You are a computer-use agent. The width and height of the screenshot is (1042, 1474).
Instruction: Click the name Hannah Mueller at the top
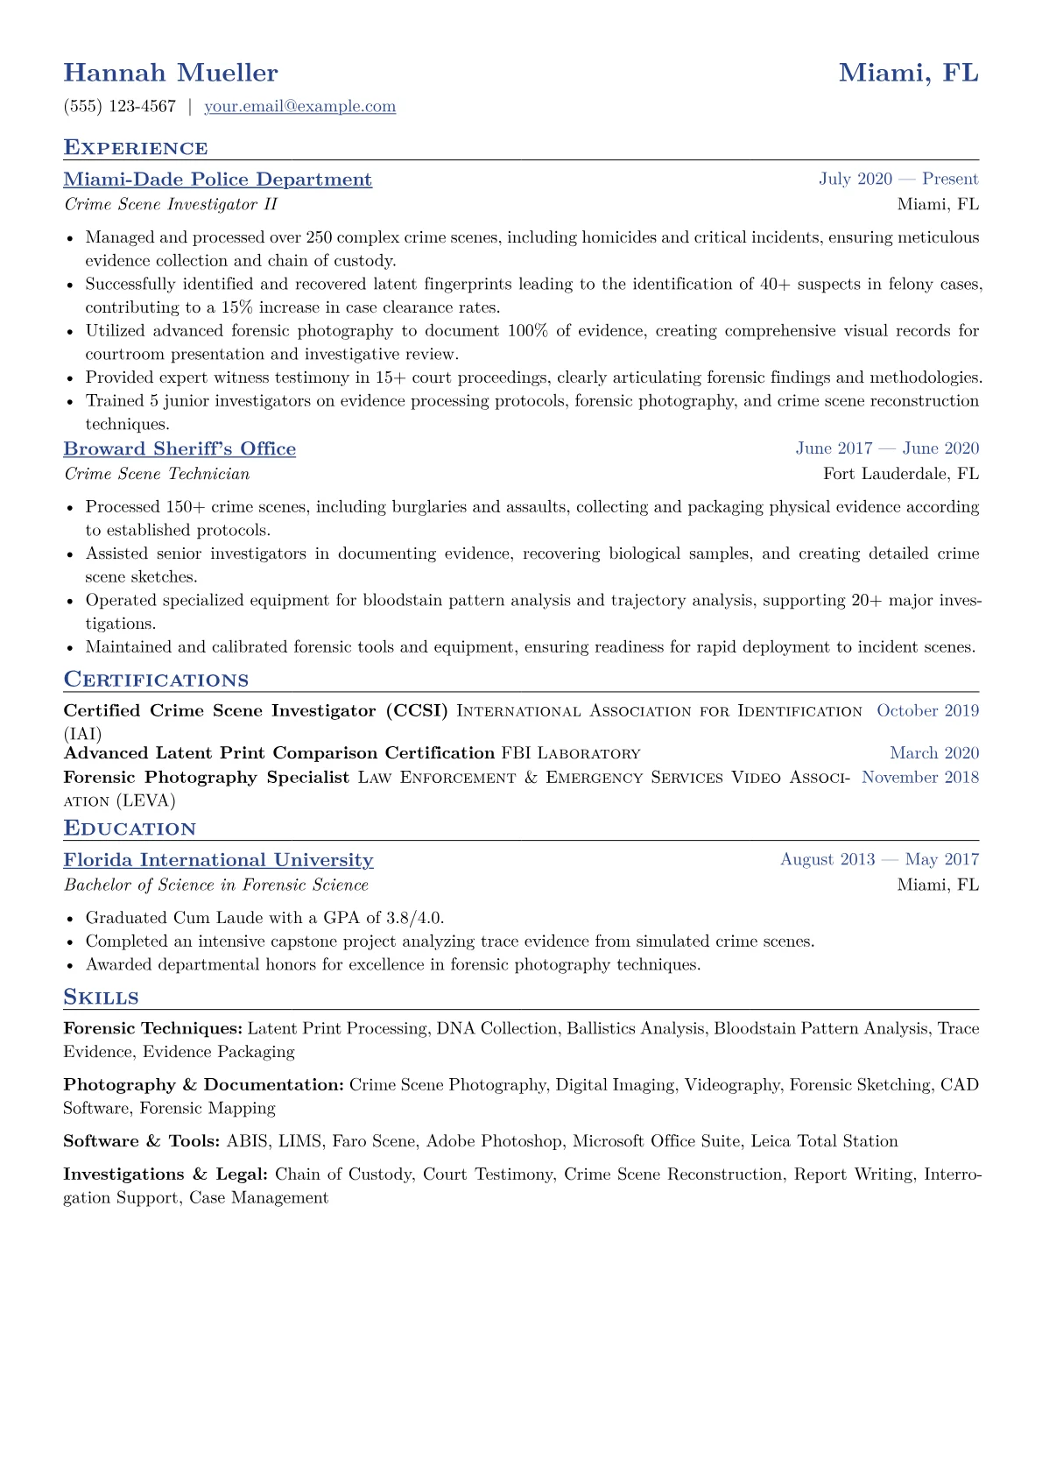[x=171, y=73]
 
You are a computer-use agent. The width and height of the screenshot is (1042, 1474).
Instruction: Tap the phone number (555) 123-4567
[x=120, y=107]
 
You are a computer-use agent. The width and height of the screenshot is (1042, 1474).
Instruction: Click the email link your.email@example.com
[x=299, y=107]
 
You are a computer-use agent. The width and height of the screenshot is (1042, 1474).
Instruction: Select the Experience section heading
[x=136, y=148]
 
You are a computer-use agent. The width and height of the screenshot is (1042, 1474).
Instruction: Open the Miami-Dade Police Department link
[x=217, y=180]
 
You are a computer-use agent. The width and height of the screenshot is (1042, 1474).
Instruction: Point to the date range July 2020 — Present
[x=898, y=180]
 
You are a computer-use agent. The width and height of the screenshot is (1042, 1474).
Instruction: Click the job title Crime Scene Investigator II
[x=171, y=205]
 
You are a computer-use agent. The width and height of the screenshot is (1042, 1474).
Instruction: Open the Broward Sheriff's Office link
[x=180, y=449]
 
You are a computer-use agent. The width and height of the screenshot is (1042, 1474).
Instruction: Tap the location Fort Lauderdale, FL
[x=901, y=474]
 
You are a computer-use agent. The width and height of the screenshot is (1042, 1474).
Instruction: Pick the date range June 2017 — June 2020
[x=887, y=448]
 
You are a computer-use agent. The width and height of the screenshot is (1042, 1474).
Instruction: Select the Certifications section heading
[x=156, y=681]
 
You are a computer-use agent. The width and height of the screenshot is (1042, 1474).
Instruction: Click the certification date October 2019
[x=927, y=711]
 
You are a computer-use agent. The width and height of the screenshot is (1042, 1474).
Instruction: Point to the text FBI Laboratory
[x=571, y=753]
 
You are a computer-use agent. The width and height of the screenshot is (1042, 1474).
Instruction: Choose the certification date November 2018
[x=920, y=778]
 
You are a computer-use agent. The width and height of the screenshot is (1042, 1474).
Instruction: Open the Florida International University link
[x=218, y=860]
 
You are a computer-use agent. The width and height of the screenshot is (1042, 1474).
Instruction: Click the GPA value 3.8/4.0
[x=414, y=918]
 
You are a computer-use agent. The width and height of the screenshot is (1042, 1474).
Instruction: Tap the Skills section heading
[x=101, y=998]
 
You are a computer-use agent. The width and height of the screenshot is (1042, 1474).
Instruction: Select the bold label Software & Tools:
[x=142, y=1141]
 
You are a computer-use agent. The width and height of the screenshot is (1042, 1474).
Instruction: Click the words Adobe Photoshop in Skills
[x=495, y=1141]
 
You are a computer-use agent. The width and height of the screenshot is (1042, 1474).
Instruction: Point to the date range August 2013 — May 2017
[x=879, y=860]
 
